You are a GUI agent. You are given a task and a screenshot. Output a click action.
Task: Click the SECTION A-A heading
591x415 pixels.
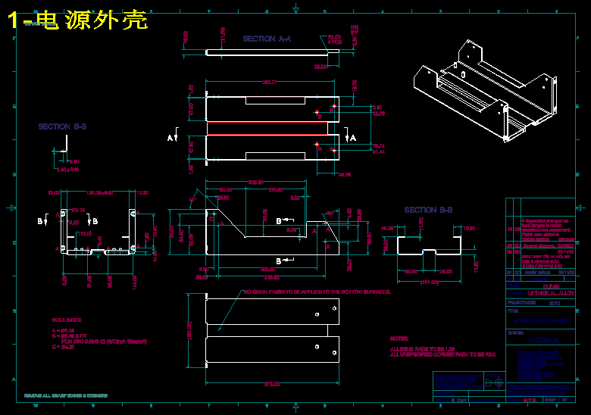point(267,39)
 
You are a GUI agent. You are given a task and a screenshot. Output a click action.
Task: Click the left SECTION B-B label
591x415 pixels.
point(62,127)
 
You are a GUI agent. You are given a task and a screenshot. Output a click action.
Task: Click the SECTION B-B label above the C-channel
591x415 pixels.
point(428,210)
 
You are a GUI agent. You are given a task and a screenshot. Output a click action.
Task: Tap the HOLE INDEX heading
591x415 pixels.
point(67,322)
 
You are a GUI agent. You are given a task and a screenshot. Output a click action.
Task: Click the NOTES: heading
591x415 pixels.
point(399,339)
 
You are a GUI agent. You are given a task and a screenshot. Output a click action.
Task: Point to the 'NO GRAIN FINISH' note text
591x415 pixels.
point(317,292)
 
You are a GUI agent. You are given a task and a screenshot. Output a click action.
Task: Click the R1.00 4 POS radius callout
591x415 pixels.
point(334,39)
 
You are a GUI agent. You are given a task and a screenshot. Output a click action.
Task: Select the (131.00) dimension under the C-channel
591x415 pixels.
point(430,282)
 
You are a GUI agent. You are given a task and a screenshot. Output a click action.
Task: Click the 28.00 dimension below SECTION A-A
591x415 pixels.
point(321,67)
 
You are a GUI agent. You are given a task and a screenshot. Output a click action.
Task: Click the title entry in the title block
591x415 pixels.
point(539,321)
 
